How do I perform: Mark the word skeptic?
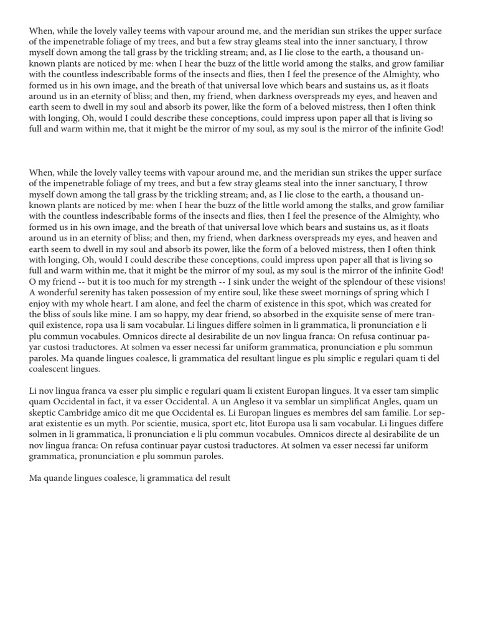point(44,412)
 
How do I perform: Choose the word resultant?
point(250,358)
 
